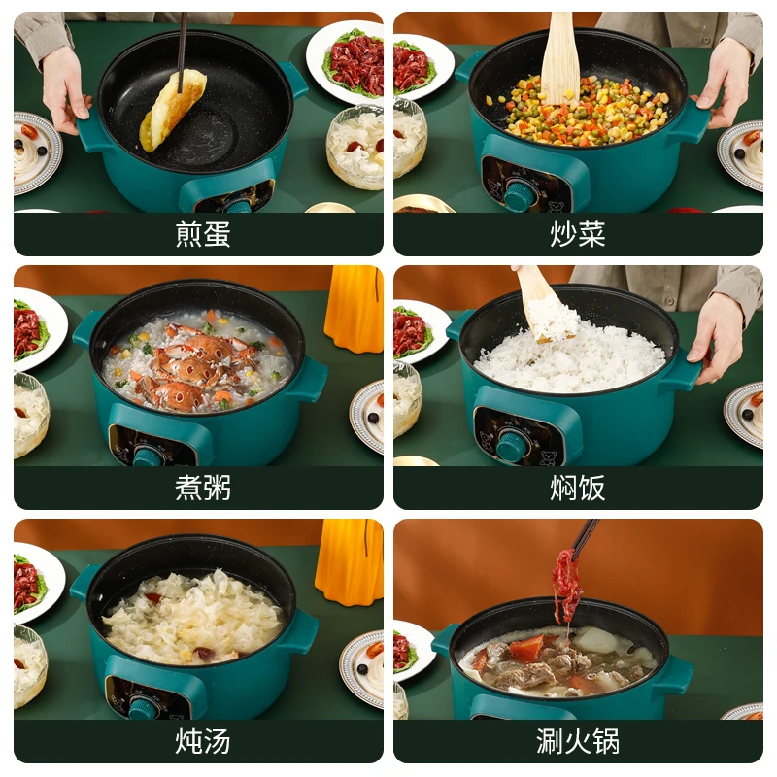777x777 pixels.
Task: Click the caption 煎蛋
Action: coord(203,235)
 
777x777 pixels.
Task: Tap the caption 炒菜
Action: coord(578,235)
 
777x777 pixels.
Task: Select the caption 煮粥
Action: coord(203,488)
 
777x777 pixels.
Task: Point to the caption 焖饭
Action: coord(578,488)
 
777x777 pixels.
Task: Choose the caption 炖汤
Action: coord(203,740)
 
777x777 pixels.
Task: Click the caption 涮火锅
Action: coord(578,740)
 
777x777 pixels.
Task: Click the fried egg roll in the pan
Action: coord(172,109)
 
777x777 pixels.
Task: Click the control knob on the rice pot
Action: coord(512,445)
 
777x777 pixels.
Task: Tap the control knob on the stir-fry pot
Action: coord(520,194)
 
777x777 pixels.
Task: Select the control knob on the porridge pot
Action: coord(149,455)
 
